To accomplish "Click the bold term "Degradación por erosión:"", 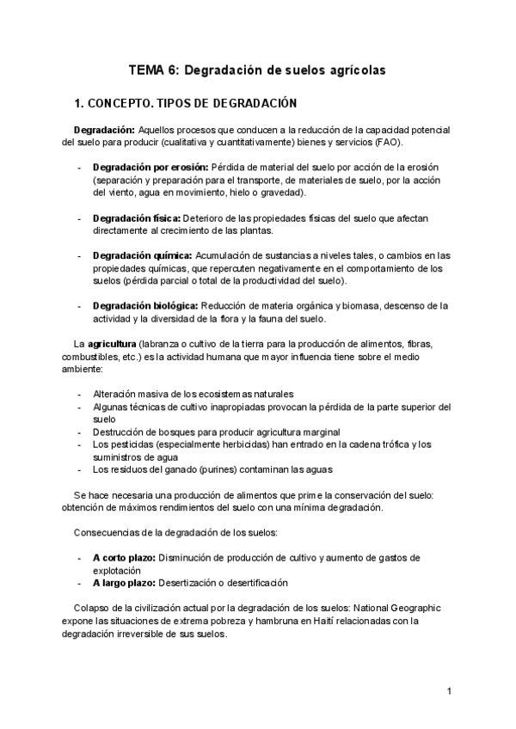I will (x=150, y=166).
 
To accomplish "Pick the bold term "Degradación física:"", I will (x=143, y=218).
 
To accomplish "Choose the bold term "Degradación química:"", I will (x=143, y=255).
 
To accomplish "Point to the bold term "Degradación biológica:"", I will (x=146, y=305).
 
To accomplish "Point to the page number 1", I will (x=449, y=691).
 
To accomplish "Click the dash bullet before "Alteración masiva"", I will (x=80, y=394).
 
